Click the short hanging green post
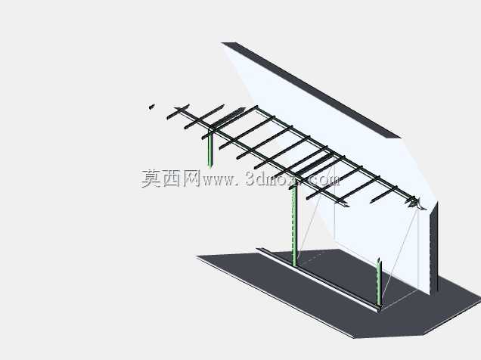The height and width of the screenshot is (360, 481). [210, 149]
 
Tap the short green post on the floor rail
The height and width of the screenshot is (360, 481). [379, 283]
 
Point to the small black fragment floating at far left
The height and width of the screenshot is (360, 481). [151, 107]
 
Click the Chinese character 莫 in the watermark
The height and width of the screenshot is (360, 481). [151, 178]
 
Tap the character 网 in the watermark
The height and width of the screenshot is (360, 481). [191, 178]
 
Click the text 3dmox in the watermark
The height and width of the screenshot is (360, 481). [271, 178]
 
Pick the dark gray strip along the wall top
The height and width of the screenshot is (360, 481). [310, 90]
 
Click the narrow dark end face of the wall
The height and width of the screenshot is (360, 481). [434, 248]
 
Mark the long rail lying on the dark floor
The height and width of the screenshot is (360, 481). [318, 280]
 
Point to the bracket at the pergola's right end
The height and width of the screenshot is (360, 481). [416, 203]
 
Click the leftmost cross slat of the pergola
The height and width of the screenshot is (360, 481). [178, 112]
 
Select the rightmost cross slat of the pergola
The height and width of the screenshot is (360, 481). [383, 194]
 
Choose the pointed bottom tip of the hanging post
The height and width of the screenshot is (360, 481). [210, 168]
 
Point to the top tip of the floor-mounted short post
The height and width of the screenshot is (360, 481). [379, 259]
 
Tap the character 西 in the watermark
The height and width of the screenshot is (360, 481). [172, 178]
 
